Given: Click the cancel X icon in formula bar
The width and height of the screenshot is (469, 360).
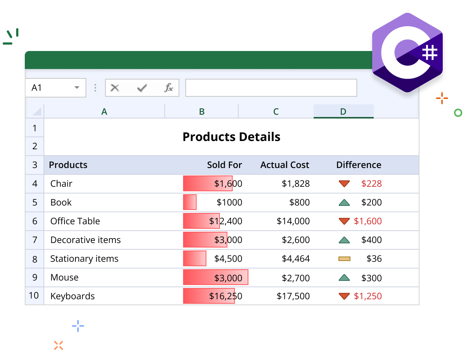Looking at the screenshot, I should click(115, 88).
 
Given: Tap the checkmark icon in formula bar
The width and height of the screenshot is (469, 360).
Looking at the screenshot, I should click(142, 88).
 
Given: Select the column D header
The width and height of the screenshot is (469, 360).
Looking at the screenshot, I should click(343, 111).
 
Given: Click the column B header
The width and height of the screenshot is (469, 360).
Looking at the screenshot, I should click(201, 111).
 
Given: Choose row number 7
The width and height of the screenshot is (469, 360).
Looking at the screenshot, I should click(35, 240).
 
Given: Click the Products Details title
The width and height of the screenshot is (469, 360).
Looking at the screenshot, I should click(231, 137).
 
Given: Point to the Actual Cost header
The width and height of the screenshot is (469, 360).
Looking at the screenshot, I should click(284, 165).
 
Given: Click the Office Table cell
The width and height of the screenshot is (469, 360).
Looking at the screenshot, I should click(75, 221).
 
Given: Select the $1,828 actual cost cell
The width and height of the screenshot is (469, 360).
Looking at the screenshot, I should click(296, 184).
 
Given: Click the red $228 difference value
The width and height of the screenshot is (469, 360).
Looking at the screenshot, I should click(371, 184).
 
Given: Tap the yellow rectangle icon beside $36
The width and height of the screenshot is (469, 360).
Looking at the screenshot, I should click(344, 259).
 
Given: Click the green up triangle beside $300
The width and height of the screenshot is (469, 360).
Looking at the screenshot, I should click(344, 278).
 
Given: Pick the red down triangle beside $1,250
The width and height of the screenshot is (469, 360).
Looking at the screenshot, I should click(344, 296).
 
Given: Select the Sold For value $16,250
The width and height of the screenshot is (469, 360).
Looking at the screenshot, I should click(225, 296).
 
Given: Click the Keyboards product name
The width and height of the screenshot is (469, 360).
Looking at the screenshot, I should click(72, 296).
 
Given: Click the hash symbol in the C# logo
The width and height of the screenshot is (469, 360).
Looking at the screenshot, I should click(430, 52).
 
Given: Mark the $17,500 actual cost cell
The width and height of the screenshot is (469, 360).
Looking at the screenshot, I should click(293, 296).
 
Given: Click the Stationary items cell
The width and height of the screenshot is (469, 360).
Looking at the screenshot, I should click(84, 259).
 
